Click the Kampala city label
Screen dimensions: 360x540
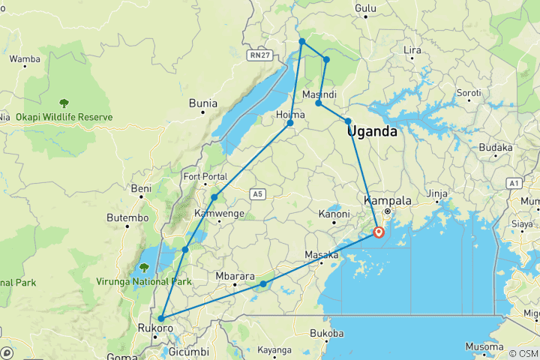(x=387, y=201)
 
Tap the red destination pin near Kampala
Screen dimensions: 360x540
(x=379, y=232)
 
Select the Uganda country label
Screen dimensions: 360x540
(x=372, y=132)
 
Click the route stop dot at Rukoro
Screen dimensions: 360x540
(x=161, y=319)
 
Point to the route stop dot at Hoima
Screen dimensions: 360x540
(x=290, y=123)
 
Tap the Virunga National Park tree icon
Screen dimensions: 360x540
(x=144, y=268)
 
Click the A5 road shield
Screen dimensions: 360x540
(x=258, y=195)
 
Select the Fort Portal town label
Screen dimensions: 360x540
(x=205, y=177)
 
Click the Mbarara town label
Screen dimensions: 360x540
(x=235, y=275)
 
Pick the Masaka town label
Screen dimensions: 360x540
(x=321, y=256)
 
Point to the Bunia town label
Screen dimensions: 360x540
(x=202, y=103)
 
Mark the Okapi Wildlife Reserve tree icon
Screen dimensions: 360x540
(x=64, y=103)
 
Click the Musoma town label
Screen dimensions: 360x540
(x=484, y=346)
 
